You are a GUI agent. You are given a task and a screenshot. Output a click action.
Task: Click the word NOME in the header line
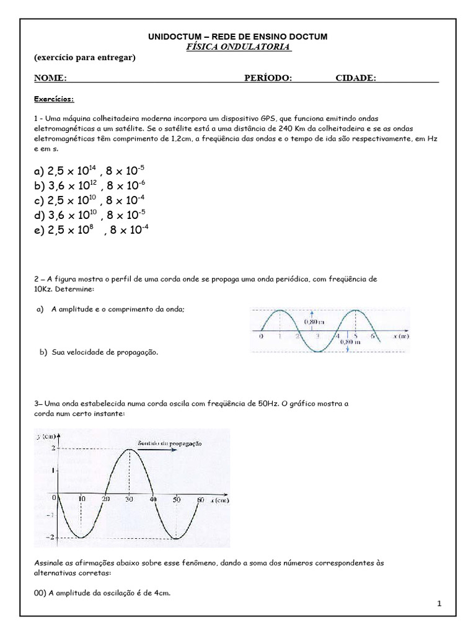(x=50, y=78)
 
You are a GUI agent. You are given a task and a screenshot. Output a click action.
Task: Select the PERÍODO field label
(x=268, y=78)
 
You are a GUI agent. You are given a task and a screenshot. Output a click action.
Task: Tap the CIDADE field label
(x=356, y=78)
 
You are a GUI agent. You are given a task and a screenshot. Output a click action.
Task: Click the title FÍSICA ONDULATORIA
(x=238, y=47)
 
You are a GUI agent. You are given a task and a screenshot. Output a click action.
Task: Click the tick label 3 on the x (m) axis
(x=318, y=335)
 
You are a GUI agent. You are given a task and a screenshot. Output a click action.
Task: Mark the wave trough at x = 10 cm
(x=81, y=537)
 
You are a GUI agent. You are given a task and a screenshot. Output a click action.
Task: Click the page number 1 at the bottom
(x=439, y=603)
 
